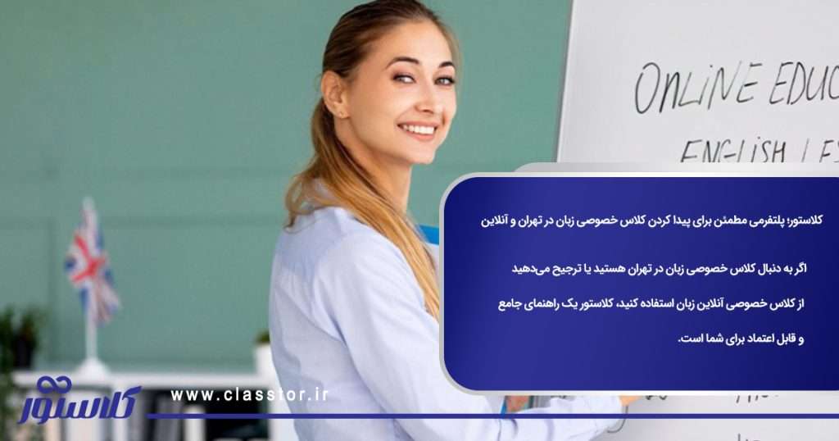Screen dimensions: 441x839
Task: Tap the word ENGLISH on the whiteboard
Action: click(732, 151)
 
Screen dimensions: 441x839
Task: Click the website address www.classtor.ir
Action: click(249, 395)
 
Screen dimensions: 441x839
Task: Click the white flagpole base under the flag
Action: click(91, 366)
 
